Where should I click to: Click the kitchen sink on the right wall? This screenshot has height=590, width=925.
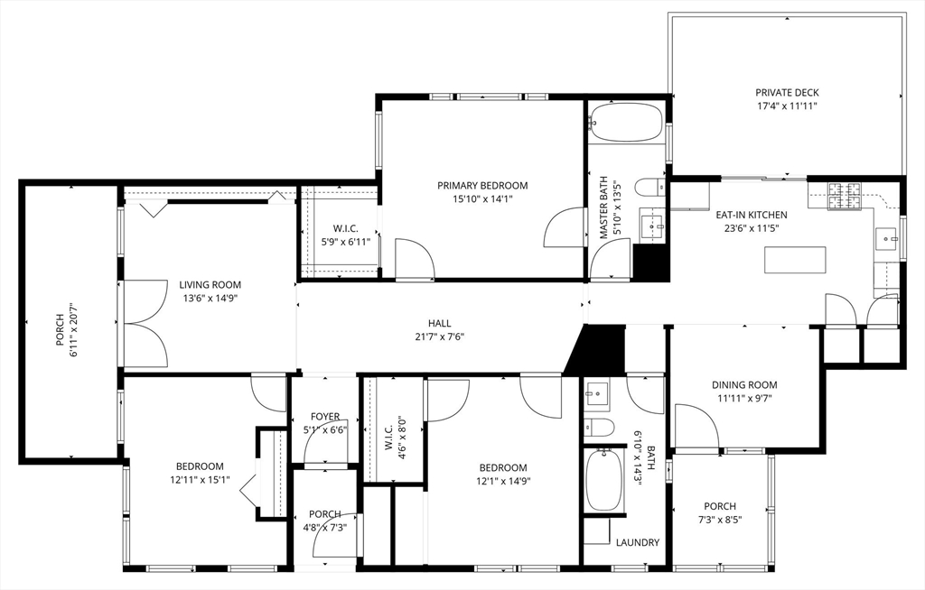(886, 240)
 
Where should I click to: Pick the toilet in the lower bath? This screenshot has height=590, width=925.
(600, 427)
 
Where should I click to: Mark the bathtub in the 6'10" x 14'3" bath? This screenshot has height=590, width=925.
(603, 478)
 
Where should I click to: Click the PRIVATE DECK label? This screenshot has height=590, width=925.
(787, 92)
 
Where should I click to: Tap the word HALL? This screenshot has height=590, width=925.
(439, 323)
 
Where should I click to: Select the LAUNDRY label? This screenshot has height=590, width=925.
(637, 542)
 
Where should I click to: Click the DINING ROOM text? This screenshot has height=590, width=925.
(744, 384)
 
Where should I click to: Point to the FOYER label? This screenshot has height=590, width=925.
(325, 417)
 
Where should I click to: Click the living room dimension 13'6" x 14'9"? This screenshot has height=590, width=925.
(209, 298)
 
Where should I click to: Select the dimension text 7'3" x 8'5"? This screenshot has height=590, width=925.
(719, 520)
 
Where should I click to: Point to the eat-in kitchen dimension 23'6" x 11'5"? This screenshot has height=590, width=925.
(751, 228)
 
